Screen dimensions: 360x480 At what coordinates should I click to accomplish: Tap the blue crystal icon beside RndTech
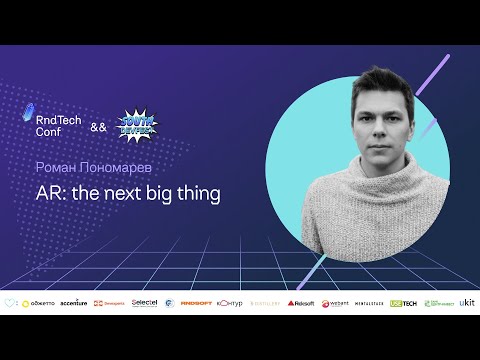click(x=28, y=117)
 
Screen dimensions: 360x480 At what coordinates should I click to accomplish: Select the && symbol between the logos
click(x=98, y=127)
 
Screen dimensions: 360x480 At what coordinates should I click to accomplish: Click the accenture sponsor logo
click(x=73, y=303)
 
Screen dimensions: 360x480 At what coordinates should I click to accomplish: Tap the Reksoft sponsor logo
click(x=300, y=303)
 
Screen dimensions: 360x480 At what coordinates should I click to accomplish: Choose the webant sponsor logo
click(x=334, y=303)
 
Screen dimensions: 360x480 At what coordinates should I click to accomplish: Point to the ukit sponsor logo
click(x=467, y=302)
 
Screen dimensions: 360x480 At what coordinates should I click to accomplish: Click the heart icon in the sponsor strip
click(x=10, y=303)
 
